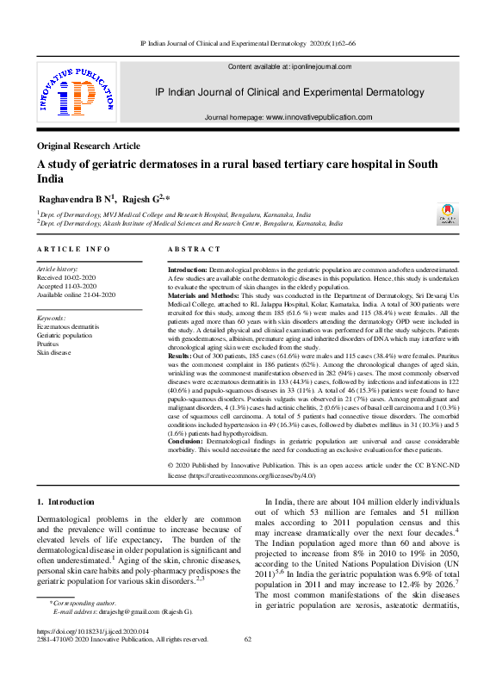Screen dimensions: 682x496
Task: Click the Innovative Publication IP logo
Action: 76,95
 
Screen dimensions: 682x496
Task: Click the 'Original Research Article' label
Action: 89,146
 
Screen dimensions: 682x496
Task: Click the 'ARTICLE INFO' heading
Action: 73,249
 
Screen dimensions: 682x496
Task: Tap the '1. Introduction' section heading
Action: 65,501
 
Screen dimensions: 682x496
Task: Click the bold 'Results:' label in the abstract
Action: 179,355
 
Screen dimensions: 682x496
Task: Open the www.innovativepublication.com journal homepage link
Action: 319,117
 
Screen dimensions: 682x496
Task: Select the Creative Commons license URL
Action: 252,474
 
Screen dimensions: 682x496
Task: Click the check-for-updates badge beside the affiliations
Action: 446,214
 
